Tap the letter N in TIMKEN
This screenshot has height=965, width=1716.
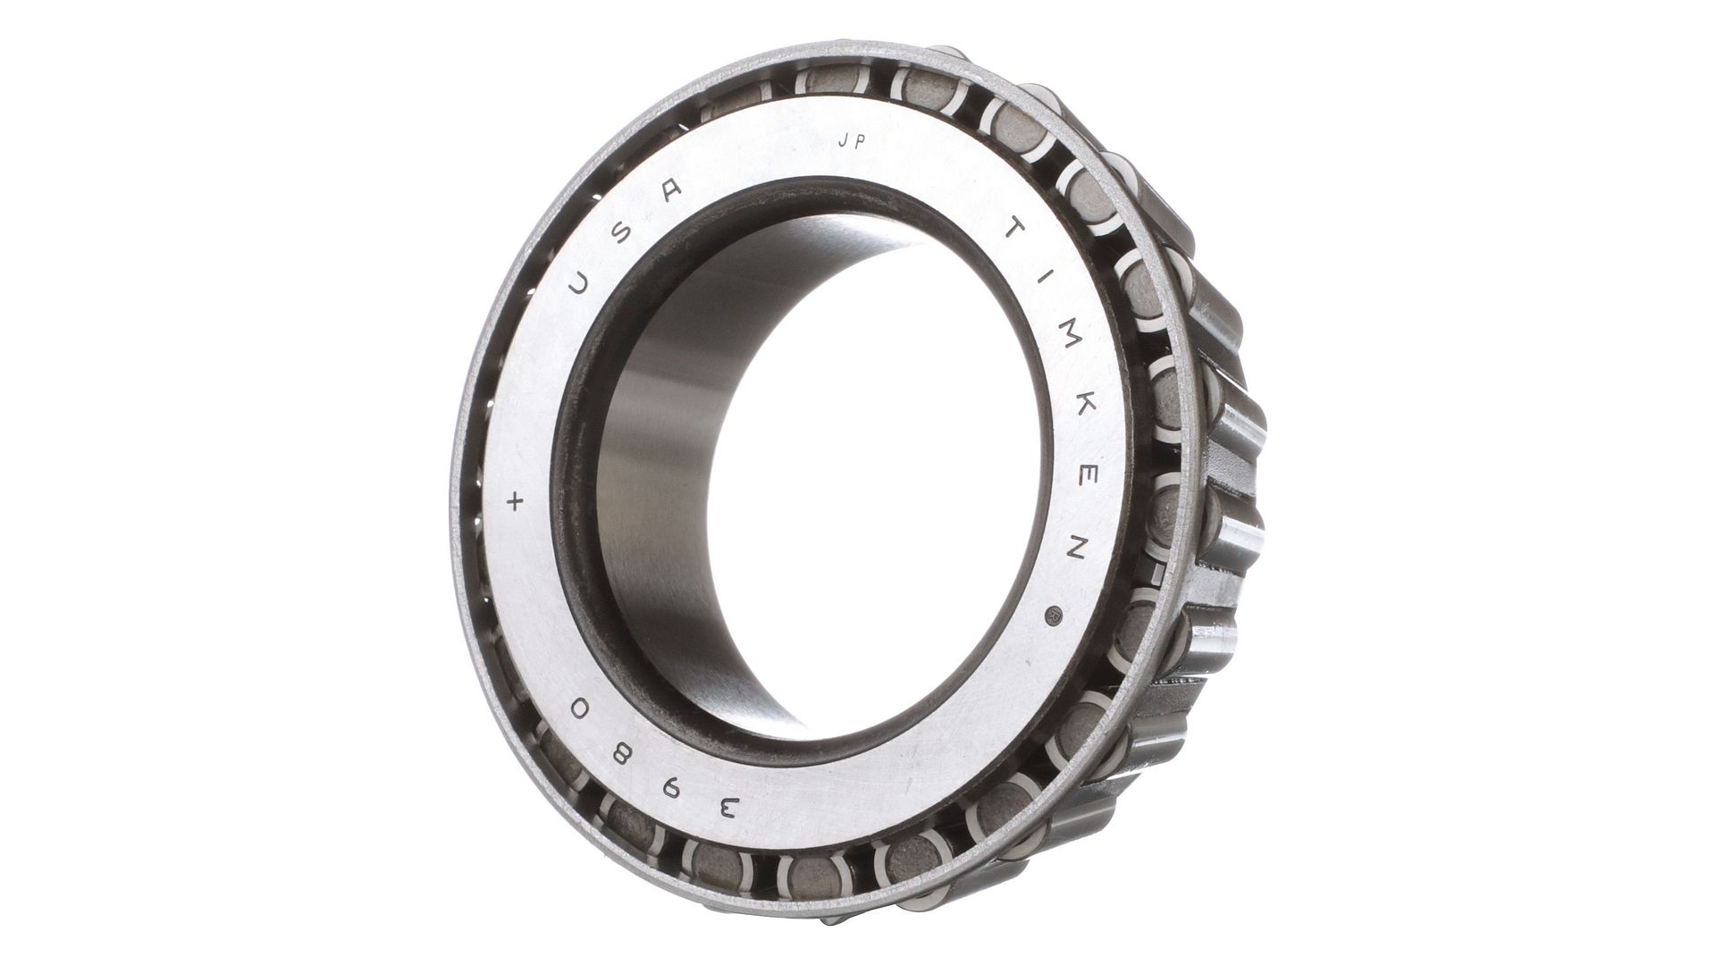[1075, 549]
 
